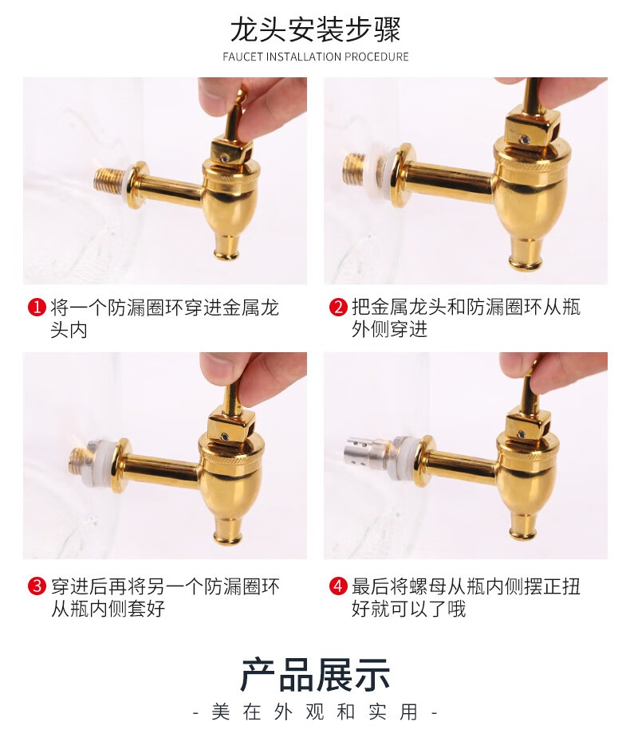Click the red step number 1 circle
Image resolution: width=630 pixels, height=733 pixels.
click(x=37, y=307)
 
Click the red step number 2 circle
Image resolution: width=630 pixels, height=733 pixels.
click(x=338, y=307)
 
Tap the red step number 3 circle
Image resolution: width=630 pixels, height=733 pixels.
click(x=37, y=586)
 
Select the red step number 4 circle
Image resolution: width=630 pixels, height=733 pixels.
click(x=338, y=586)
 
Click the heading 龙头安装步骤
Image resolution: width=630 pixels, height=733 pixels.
click(x=315, y=30)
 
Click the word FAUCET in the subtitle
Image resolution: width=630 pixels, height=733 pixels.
click(x=242, y=57)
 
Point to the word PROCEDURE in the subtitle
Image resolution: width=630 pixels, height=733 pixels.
click(x=376, y=57)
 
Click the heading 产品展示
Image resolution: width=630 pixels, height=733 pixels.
click(x=315, y=675)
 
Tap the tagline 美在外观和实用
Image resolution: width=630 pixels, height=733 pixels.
click(x=314, y=712)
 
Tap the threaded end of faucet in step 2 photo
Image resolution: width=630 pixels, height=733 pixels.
click(x=355, y=169)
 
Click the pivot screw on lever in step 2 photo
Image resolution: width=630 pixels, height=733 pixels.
click(x=526, y=139)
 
